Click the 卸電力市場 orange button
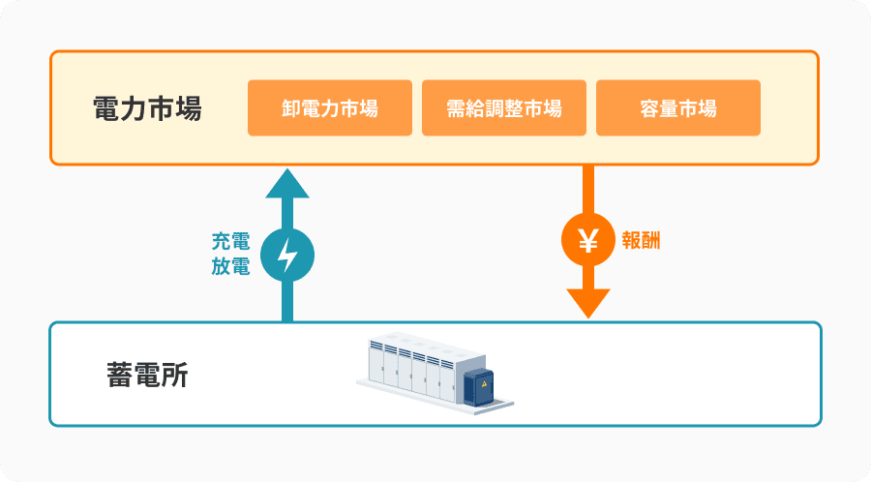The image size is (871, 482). pyautogui.click(x=330, y=107)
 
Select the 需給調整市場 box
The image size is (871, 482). pyautogui.click(x=504, y=107)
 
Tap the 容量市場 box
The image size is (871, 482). pyautogui.click(x=677, y=107)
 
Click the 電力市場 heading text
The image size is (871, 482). pyautogui.click(x=147, y=108)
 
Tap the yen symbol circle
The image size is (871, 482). pyautogui.click(x=587, y=240)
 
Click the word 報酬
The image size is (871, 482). pyautogui.click(x=642, y=241)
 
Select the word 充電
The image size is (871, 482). pyautogui.click(x=230, y=242)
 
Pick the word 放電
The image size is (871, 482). pyautogui.click(x=230, y=267)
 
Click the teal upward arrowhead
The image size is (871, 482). pyautogui.click(x=287, y=182)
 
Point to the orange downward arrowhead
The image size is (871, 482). pyautogui.click(x=587, y=303)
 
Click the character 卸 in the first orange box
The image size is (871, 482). pyautogui.click(x=291, y=107)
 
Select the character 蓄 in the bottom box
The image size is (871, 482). pyautogui.click(x=120, y=375)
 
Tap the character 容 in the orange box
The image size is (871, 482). pyautogui.click(x=649, y=107)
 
